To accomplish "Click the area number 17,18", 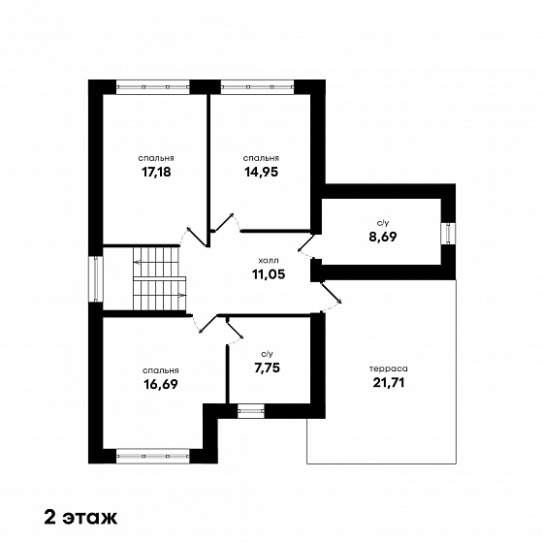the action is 156,172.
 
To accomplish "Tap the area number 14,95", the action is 262,172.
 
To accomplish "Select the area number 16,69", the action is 160,384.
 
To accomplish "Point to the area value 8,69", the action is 382,237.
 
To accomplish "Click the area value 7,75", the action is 267,367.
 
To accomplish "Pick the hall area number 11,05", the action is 269,274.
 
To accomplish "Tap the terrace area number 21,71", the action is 389,383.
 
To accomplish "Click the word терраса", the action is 389,368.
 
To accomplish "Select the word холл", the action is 269,260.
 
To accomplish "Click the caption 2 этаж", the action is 81,518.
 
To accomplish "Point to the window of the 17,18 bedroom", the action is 153,87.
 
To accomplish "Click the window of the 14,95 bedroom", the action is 257,87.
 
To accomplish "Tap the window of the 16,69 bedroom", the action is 153,456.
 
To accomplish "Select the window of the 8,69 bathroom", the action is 448,234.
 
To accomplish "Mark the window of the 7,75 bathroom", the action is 251,411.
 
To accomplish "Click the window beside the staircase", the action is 96,279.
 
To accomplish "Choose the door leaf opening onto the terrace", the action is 332,293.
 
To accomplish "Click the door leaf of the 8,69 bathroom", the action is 306,242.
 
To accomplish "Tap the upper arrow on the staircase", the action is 156,262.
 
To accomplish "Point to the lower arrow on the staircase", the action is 160,295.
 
